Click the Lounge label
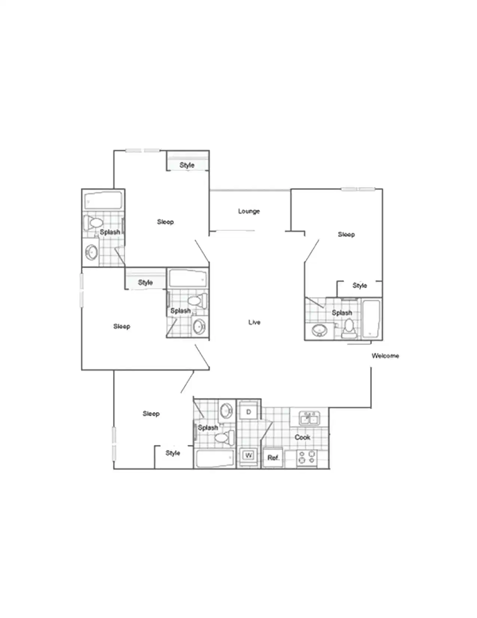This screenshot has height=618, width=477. [x=249, y=211]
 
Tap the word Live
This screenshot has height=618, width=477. [x=254, y=322]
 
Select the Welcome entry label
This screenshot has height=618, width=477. [x=385, y=355]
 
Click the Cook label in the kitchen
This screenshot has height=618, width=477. [x=302, y=437]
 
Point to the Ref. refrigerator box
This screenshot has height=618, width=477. [x=273, y=458]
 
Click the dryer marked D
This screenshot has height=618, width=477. [x=248, y=412]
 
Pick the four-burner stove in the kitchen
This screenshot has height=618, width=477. [x=307, y=458]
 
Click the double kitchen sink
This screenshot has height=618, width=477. [x=309, y=418]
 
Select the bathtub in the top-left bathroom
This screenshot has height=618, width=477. [x=103, y=201]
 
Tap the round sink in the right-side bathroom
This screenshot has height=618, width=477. [x=319, y=330]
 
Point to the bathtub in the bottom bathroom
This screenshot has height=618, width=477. [x=215, y=458]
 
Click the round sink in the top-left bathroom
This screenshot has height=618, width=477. [x=91, y=252]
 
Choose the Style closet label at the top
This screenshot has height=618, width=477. [x=187, y=165]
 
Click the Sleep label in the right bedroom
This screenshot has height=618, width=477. [x=346, y=234]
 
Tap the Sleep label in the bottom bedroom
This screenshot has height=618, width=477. [x=151, y=413]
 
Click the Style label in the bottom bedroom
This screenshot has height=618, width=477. [x=173, y=453]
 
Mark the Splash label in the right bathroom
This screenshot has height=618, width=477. [x=342, y=313]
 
